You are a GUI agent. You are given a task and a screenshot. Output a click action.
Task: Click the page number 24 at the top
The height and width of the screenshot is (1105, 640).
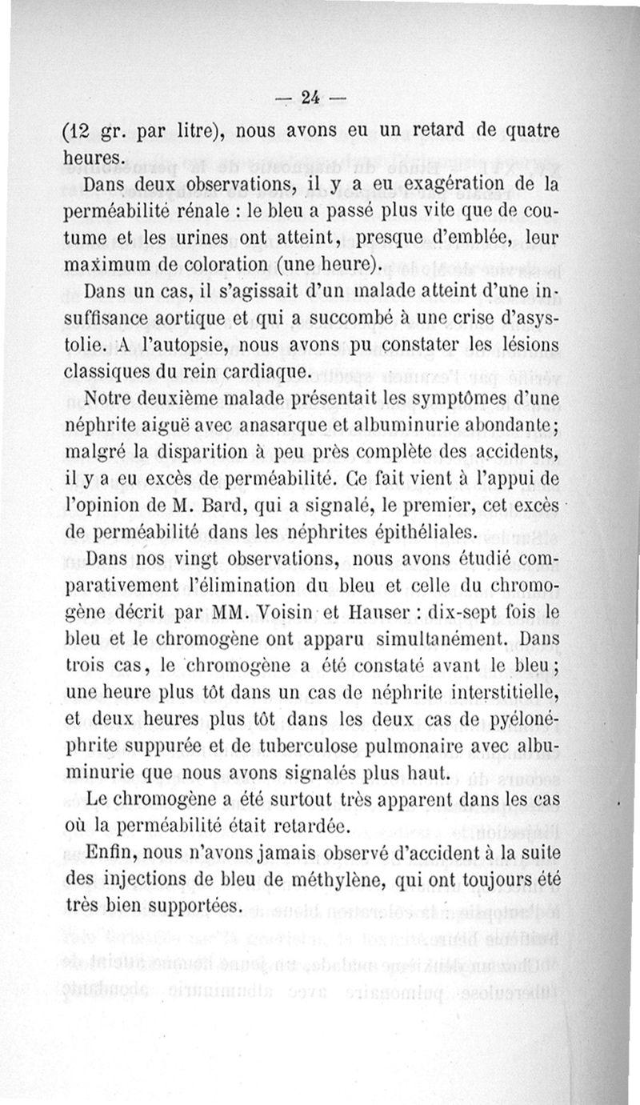[310, 98]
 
